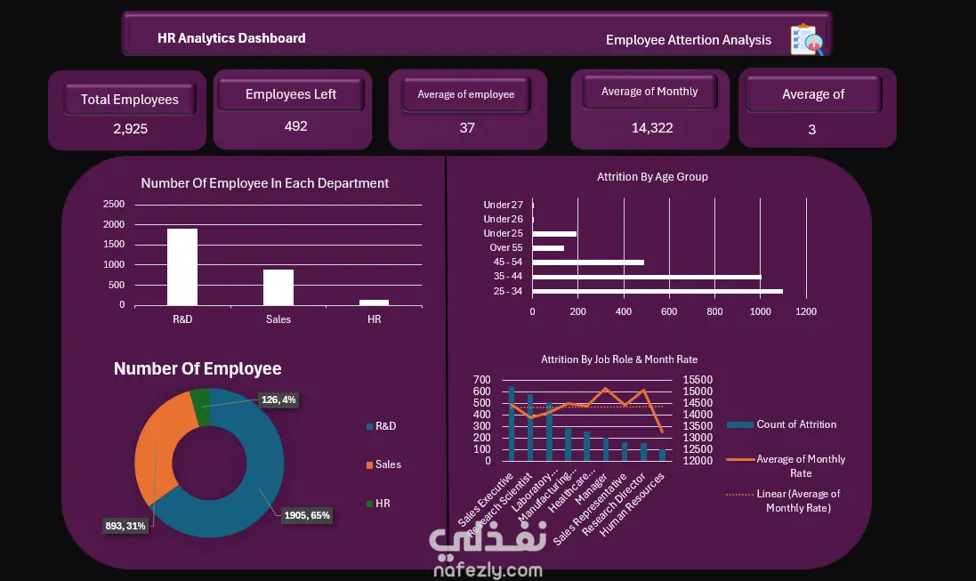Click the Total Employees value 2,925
click(x=130, y=129)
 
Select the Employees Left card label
click(x=291, y=94)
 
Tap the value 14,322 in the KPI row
click(x=651, y=127)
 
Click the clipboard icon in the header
click(x=807, y=39)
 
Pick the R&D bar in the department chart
click(x=182, y=267)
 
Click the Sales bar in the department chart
click(x=278, y=287)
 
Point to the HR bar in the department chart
click(x=374, y=303)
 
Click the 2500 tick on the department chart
click(x=114, y=205)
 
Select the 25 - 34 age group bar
click(x=657, y=292)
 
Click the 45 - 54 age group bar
click(x=588, y=262)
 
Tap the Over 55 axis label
click(x=506, y=248)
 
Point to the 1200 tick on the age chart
click(x=805, y=311)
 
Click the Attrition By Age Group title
click(x=652, y=177)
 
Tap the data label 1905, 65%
click(x=307, y=516)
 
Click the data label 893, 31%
click(x=125, y=526)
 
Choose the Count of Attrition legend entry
click(x=782, y=424)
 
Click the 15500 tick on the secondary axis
click(x=698, y=380)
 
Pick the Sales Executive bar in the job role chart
click(x=512, y=424)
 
